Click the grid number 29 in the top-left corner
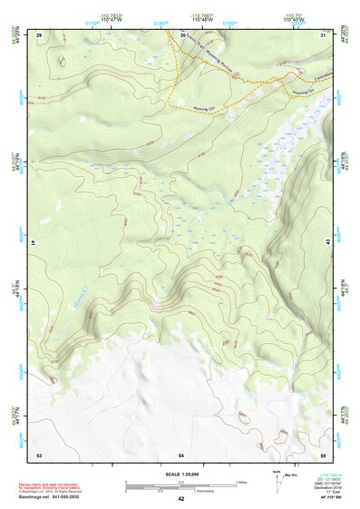tap(39, 34)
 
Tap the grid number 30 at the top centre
tap(182, 34)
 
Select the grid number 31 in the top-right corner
tap(323, 34)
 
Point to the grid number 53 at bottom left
tap(39, 453)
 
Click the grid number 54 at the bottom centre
tap(181, 453)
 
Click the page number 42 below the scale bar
tap(180, 499)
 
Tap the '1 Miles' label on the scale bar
tap(241, 481)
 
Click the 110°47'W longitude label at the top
tap(112, 18)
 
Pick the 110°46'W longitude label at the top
tap(203, 18)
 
